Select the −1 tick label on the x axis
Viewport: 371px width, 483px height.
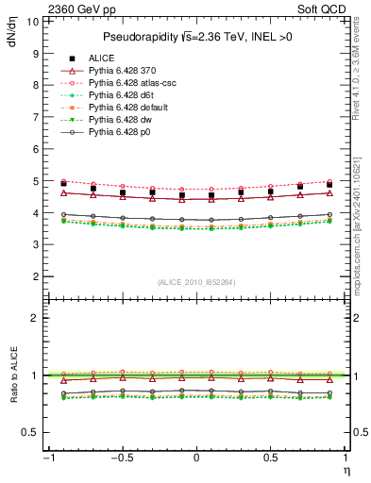(x=46, y=458)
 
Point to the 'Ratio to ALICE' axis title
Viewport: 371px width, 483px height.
(x=12, y=375)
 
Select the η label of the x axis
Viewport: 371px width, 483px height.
(x=346, y=470)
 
